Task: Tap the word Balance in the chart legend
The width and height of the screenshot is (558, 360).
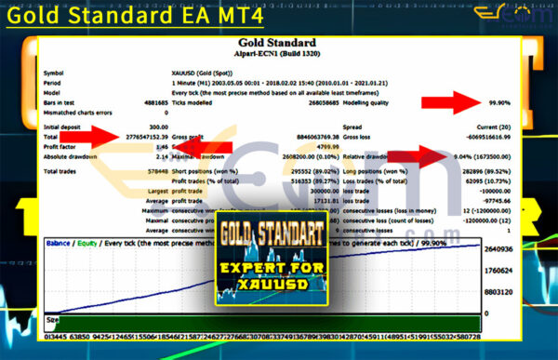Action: click(60, 242)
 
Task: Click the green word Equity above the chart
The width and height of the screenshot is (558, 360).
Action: click(88, 242)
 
